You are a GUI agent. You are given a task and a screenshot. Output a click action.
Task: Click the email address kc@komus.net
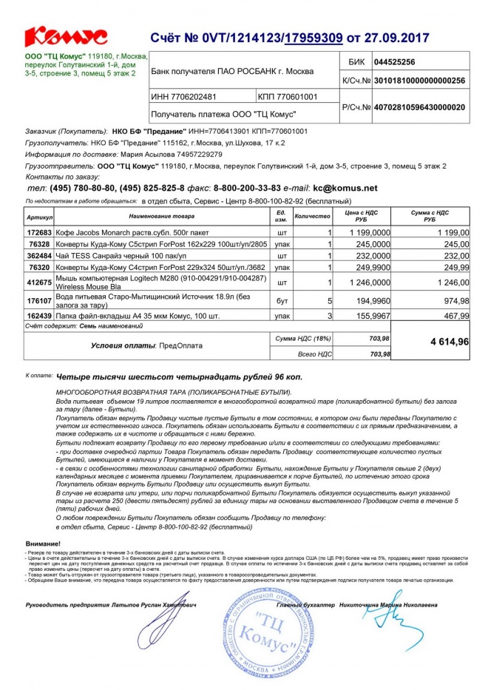[345, 189]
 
